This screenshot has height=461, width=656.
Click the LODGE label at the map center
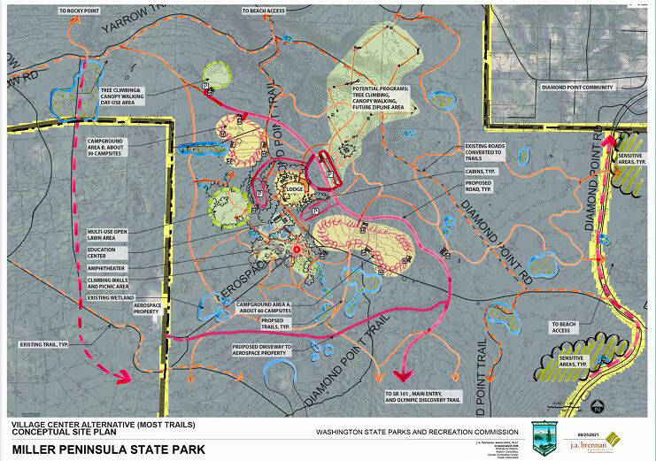pos(293,188)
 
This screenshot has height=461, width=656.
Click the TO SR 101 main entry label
pos(422,395)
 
